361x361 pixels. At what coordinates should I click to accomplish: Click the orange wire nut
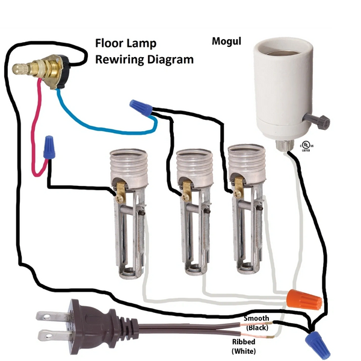(x=304, y=297)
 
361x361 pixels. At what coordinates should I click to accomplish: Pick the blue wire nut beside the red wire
(x=48, y=146)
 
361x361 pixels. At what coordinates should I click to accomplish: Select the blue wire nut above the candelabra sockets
(x=141, y=108)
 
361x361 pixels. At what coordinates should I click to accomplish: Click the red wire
(x=33, y=132)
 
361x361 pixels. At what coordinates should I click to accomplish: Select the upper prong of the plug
(x=49, y=314)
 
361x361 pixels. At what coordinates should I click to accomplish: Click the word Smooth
(x=257, y=318)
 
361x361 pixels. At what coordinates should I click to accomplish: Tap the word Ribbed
(x=244, y=341)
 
